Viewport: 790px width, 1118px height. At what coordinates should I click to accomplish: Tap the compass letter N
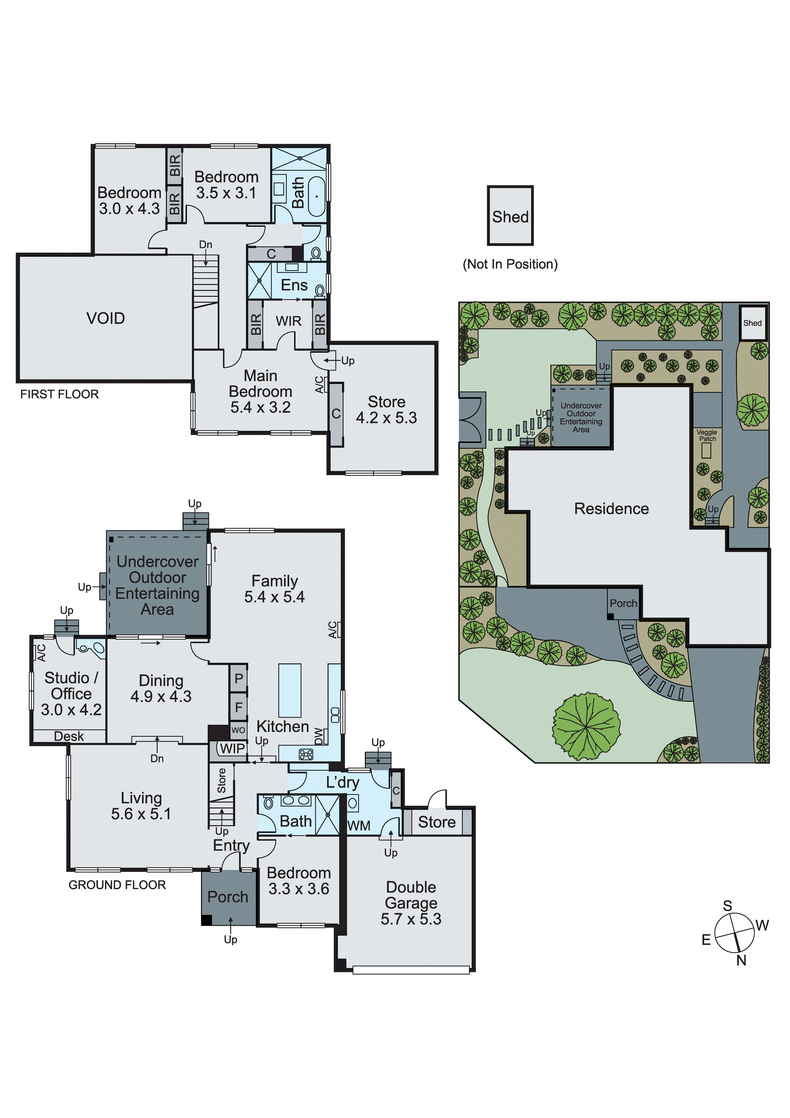(x=741, y=960)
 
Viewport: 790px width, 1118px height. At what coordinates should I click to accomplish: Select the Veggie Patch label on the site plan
(x=707, y=435)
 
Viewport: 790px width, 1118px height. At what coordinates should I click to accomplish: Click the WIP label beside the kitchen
(x=232, y=749)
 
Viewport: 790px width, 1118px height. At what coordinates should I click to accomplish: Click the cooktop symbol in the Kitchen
(x=306, y=755)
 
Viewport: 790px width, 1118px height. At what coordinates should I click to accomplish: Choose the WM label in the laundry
(x=359, y=826)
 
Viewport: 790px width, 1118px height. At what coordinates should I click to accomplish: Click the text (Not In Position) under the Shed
(x=510, y=264)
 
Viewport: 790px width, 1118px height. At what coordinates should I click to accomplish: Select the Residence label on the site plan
(x=611, y=509)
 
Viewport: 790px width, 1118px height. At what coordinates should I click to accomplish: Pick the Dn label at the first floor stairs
(x=206, y=245)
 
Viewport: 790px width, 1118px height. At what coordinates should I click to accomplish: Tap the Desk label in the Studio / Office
(x=69, y=736)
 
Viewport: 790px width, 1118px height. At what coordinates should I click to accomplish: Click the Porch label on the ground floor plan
(x=227, y=897)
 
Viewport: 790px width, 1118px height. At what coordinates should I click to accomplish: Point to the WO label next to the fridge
(x=238, y=730)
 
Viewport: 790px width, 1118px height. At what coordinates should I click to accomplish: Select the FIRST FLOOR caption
(x=59, y=394)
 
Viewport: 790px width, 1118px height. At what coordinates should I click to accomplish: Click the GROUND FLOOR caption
(x=117, y=885)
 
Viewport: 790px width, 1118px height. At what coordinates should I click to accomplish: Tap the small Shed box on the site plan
(x=752, y=323)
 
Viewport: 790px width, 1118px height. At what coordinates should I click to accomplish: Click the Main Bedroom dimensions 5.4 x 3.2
(x=260, y=407)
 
